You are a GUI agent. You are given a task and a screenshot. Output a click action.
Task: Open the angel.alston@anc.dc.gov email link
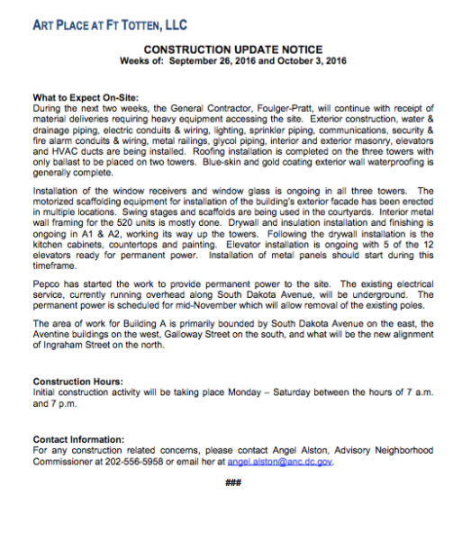280,459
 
